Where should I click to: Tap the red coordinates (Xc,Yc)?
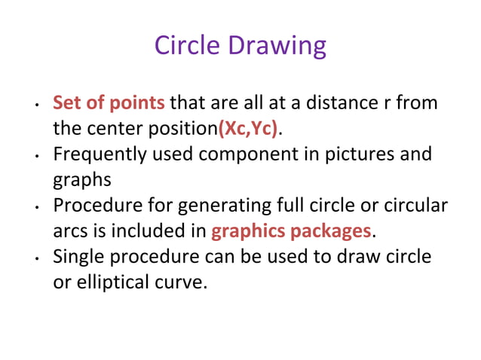click(x=248, y=128)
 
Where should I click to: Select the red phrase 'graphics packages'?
click(x=292, y=231)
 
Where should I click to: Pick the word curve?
click(x=184, y=282)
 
